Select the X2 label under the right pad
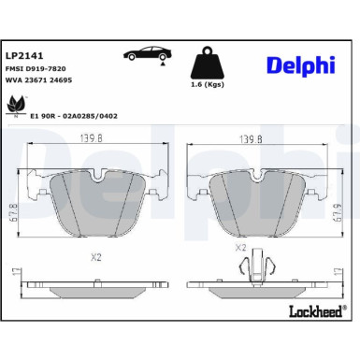coord(241,248)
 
